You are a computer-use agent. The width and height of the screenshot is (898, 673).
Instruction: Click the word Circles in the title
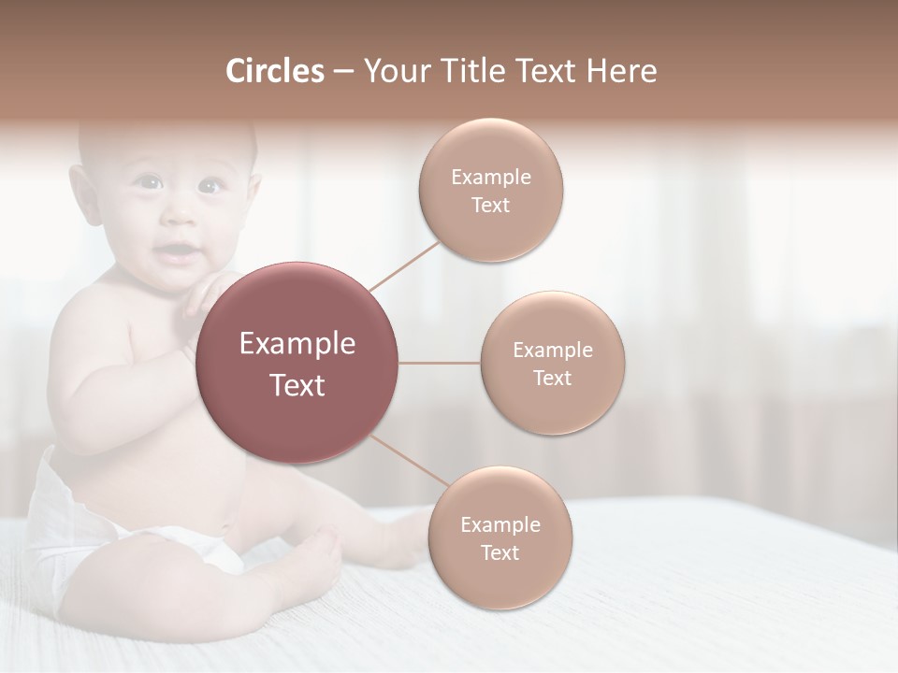point(274,71)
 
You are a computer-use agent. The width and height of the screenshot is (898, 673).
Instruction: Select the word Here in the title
point(621,71)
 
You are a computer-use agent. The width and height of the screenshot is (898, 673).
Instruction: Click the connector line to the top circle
point(404,265)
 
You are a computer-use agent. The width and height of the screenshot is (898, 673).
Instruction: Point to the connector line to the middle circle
point(440,363)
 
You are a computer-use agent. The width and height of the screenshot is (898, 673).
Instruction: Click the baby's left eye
point(210,186)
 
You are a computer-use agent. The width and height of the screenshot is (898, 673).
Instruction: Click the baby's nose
point(178,218)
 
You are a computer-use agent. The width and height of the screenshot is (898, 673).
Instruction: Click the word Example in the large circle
point(297,344)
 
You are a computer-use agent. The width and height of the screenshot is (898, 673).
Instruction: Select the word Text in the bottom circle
point(500,552)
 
